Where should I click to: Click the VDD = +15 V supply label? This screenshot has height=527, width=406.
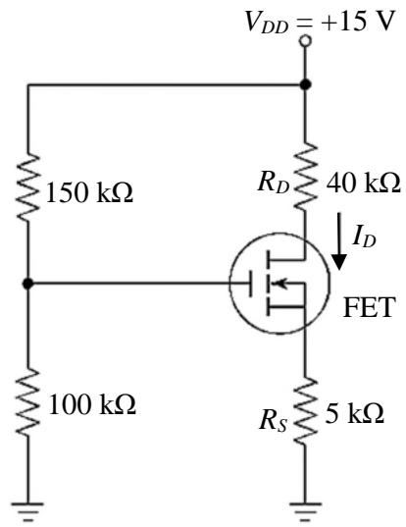[319, 22]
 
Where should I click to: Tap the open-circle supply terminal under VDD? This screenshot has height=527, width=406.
[305, 41]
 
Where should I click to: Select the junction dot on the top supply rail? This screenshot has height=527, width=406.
[305, 84]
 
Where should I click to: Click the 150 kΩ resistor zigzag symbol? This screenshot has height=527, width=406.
[27, 187]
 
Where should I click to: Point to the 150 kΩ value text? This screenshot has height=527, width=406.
[89, 193]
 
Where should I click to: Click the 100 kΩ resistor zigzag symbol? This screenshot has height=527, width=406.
[27, 401]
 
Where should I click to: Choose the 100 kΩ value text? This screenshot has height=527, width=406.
[92, 404]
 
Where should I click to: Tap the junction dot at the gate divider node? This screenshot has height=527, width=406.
[27, 284]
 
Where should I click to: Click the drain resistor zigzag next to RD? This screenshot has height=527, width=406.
[305, 177]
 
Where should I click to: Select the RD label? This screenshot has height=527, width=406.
[274, 184]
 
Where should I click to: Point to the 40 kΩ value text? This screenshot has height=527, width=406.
[364, 183]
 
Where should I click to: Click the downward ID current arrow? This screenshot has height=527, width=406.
[339, 241]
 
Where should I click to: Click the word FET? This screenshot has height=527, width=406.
[369, 307]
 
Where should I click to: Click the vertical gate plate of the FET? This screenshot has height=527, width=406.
[250, 284]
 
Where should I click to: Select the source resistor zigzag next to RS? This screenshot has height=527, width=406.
[305, 411]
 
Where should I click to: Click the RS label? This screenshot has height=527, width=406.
[274, 421]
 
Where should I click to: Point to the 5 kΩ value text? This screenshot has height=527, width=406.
[354, 413]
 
